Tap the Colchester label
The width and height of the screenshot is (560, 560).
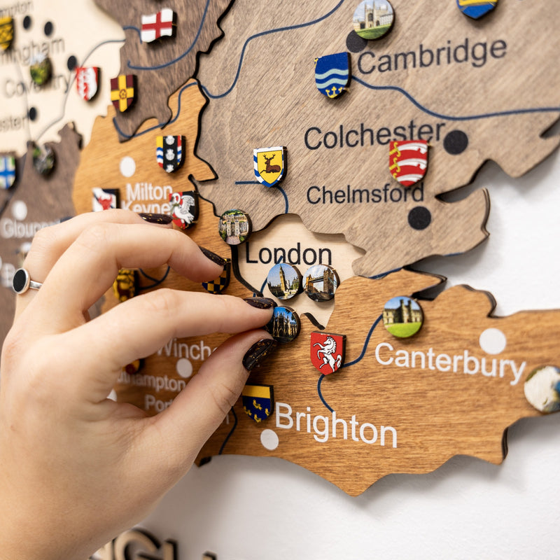pos(374,134)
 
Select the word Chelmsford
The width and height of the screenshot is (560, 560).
pos(365,194)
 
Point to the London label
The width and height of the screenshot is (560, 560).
pos(288,254)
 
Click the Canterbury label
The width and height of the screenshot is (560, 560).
pos(449,361)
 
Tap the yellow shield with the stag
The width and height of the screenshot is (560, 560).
pos(269,166)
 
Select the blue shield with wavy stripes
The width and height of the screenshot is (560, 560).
pos(332,75)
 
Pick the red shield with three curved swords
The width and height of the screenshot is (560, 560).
pos(408,162)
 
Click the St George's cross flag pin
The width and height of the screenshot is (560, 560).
pos(157,25)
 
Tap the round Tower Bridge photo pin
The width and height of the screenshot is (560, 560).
pos(321,282)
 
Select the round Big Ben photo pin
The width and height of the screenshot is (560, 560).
pos(284,280)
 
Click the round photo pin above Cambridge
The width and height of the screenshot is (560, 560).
pos(372,18)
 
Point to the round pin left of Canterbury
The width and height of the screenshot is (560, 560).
pos(403,316)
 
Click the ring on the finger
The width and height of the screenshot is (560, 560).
pos(22,281)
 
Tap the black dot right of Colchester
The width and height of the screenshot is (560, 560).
pos(456,141)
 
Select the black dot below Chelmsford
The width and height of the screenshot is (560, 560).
pos(419,218)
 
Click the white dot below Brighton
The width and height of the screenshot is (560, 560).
pos(269,440)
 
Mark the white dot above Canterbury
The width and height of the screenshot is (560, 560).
pos(492,341)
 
